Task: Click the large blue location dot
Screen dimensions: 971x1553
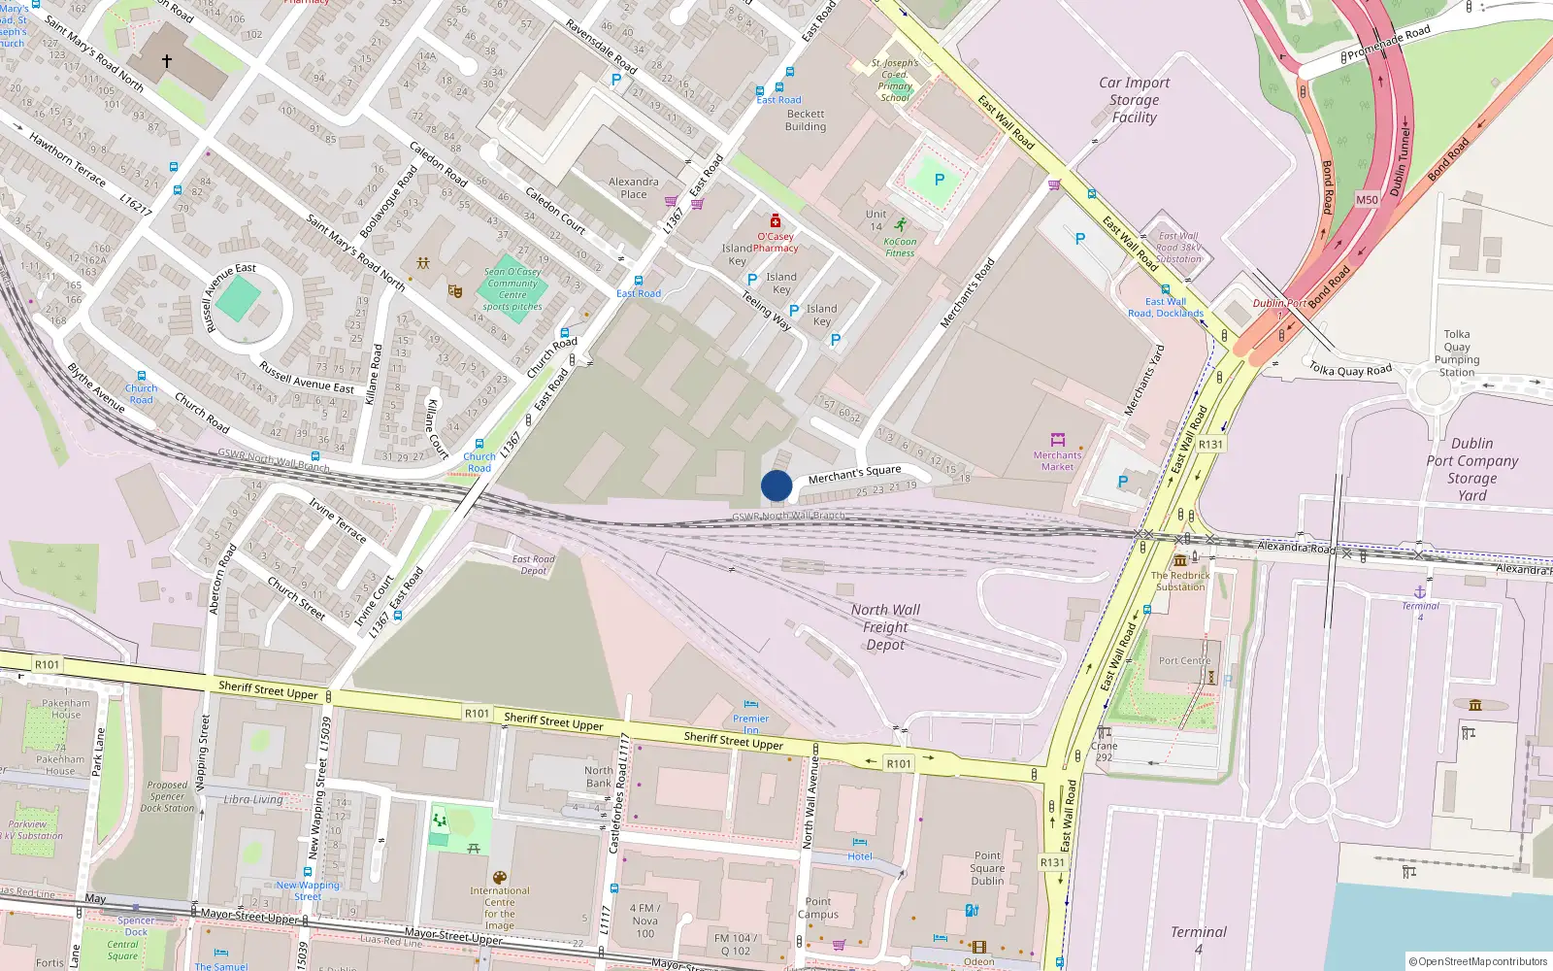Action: coord(776,485)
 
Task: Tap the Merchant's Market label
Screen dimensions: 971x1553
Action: coord(1057,460)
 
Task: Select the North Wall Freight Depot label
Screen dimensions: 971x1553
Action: coord(885,626)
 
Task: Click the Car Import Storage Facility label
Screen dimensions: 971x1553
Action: coord(1134,100)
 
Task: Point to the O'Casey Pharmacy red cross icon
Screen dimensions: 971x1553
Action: coord(776,221)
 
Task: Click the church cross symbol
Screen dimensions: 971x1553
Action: coord(167,61)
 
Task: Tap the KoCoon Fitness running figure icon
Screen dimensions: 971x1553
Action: coord(901,224)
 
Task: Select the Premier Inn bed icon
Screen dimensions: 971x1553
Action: coord(750,705)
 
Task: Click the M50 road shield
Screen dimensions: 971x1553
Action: coord(1367,200)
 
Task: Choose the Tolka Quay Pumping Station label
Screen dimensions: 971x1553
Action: coord(1456,352)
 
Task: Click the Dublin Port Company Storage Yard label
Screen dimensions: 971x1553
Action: coord(1471,469)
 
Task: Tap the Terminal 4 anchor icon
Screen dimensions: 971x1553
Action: coord(1420,591)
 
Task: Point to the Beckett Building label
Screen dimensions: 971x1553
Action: coord(806,120)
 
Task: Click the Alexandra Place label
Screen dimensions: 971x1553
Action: coord(633,187)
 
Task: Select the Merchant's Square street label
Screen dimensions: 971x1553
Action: coord(854,474)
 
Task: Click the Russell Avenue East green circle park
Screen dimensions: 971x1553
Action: coord(239,299)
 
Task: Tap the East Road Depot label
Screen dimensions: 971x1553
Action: coord(534,564)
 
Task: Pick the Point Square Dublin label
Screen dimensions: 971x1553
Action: coord(987,868)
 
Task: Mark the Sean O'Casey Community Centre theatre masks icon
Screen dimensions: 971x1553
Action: coord(454,290)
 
